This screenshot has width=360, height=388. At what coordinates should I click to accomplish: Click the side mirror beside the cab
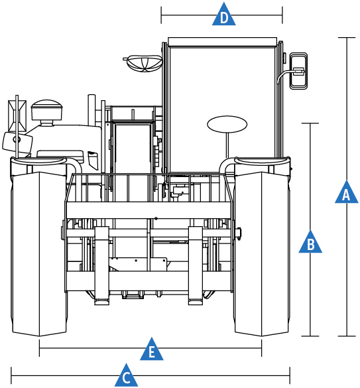coord(298,71)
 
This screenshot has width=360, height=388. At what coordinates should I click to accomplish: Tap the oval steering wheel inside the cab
coord(227,124)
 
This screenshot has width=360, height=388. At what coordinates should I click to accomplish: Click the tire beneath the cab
coord(261,253)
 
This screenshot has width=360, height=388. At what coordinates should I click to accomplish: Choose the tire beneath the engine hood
coord(39,253)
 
